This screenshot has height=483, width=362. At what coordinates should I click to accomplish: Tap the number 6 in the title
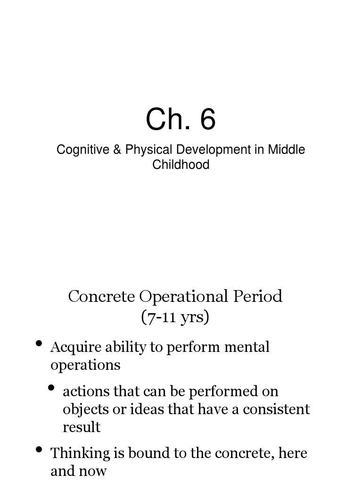(208, 119)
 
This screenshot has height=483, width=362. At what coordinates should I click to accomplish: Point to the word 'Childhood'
(181, 165)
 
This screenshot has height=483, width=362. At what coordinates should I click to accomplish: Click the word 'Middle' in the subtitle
(287, 150)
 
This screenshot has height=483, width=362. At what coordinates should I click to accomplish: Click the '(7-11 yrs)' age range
(175, 317)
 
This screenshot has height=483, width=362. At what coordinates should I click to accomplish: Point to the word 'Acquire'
(69, 347)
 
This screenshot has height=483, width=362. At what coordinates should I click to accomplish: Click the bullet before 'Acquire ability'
(40, 343)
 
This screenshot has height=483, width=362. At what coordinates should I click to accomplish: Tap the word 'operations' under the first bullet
(85, 365)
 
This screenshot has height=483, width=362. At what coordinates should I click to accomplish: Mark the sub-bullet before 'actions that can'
(52, 388)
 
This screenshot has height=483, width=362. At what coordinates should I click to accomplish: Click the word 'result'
(82, 427)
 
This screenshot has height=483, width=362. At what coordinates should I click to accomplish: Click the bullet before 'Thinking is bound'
(40, 450)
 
